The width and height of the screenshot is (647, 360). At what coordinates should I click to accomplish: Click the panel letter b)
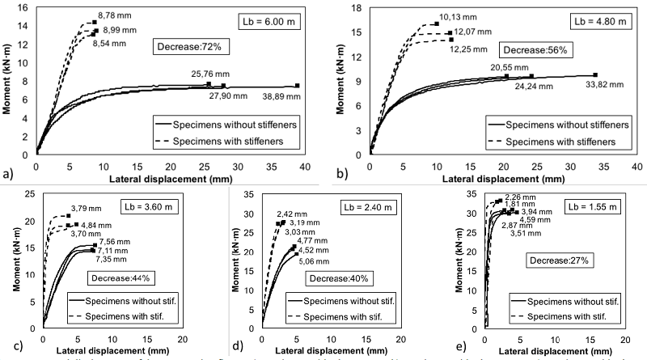click(x=341, y=173)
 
